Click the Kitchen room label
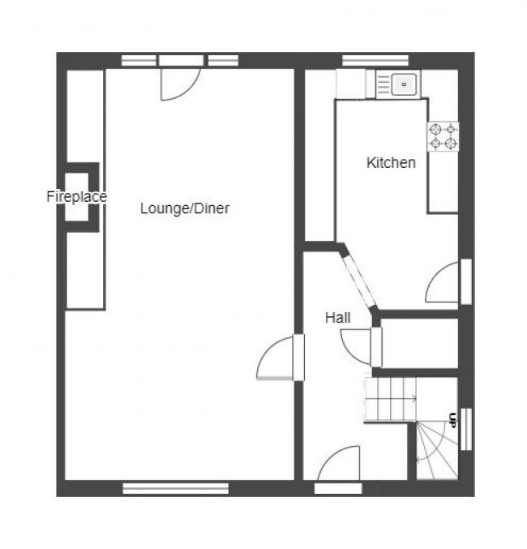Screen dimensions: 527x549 click(391, 163)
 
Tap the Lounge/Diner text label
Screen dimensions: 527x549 click(185, 208)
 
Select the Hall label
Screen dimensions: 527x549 click(337, 318)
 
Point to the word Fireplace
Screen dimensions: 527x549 click(77, 196)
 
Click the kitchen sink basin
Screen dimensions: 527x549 click(404, 84)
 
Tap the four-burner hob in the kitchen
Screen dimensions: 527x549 click(443, 136)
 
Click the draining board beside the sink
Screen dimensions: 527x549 click(383, 84)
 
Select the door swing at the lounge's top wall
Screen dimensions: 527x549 click(180, 85)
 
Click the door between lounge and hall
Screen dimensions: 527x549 click(276, 358)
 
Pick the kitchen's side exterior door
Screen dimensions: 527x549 click(442, 282)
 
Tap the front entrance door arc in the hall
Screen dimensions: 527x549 click(338, 463)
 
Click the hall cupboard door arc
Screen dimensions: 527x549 click(355, 346)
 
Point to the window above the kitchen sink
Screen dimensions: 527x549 click(375, 60)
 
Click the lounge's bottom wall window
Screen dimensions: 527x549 click(176, 488)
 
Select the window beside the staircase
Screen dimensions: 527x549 click(466, 429)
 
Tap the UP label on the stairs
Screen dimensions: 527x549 click(452, 420)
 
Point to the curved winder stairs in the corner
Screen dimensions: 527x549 click(437, 451)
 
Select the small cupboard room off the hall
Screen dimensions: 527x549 click(419, 343)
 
